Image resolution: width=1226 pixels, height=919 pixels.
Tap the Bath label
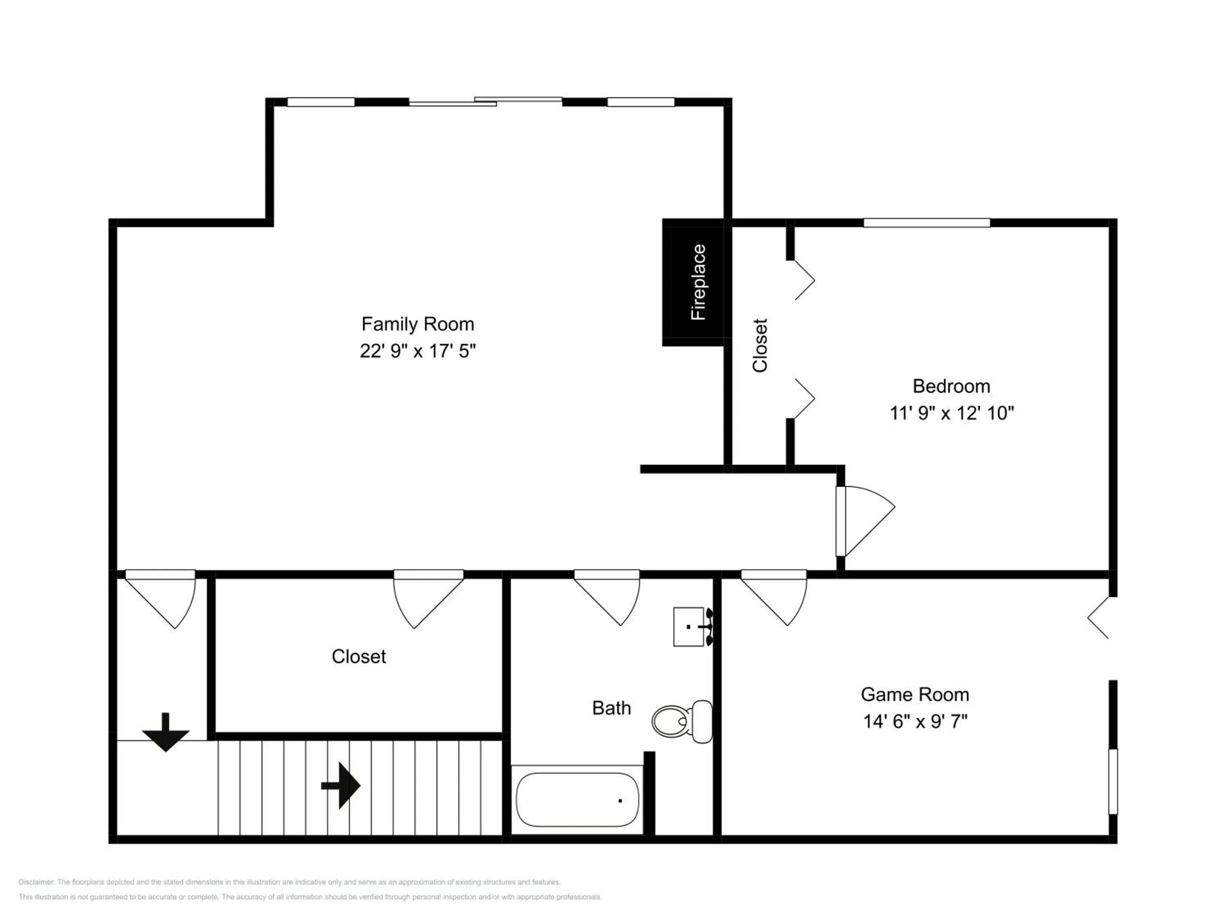tap(611, 708)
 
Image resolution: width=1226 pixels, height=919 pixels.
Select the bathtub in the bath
tap(577, 800)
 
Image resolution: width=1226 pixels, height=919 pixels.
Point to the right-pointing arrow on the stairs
tap(341, 785)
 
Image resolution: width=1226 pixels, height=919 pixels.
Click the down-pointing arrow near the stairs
tap(166, 732)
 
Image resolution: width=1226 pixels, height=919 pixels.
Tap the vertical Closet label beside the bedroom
tap(759, 345)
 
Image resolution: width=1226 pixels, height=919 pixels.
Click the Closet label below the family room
tap(358, 656)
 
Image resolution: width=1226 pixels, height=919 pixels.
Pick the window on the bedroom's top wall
tap(927, 223)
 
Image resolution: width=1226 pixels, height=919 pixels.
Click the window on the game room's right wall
tap(1112, 782)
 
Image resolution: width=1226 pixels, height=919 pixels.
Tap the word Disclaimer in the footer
tap(36, 882)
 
